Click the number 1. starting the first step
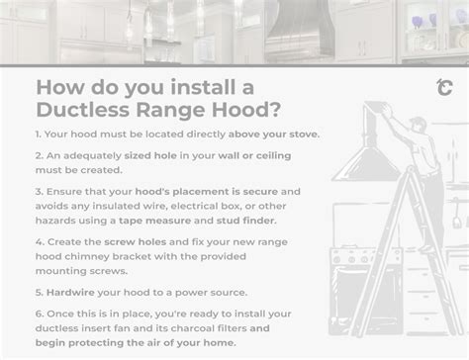coord(39,133)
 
